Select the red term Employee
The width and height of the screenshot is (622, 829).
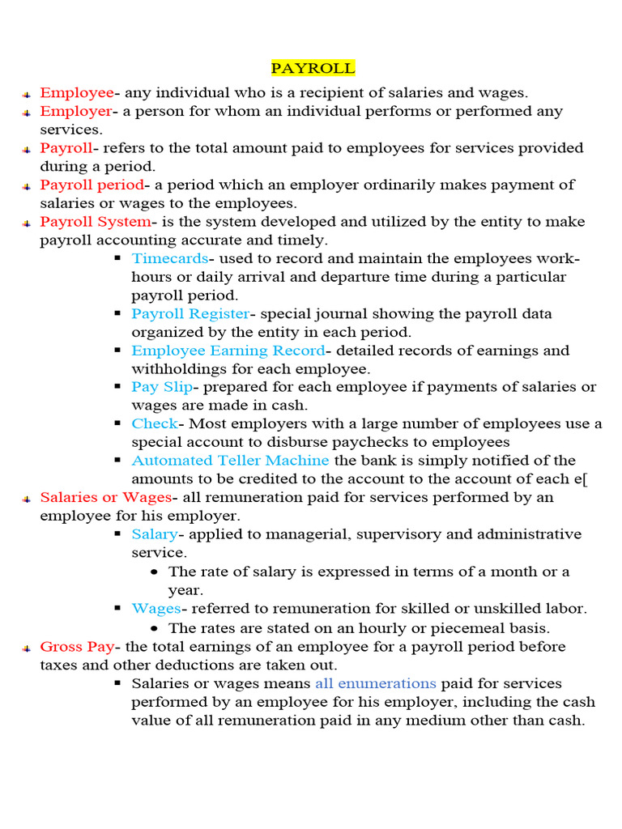point(77,93)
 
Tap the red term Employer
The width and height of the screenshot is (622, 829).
point(75,111)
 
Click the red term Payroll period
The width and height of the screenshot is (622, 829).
point(92,185)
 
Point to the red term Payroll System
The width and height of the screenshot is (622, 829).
point(95,222)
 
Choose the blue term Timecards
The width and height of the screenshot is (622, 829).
point(169,258)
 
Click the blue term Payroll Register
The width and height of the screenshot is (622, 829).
point(190,313)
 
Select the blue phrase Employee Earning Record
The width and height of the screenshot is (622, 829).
point(228,351)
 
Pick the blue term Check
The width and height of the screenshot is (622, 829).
point(154,423)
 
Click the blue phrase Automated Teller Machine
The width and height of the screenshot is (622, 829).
point(231,461)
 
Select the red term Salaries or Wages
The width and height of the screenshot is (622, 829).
point(105,497)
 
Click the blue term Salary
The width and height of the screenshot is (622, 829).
point(154,534)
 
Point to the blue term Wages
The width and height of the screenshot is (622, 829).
point(155,609)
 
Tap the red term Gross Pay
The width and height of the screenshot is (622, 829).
point(78,647)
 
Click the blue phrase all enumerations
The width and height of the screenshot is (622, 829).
point(376,683)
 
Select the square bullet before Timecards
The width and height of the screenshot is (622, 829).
point(117,258)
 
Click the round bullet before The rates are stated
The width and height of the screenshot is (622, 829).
point(155,628)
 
